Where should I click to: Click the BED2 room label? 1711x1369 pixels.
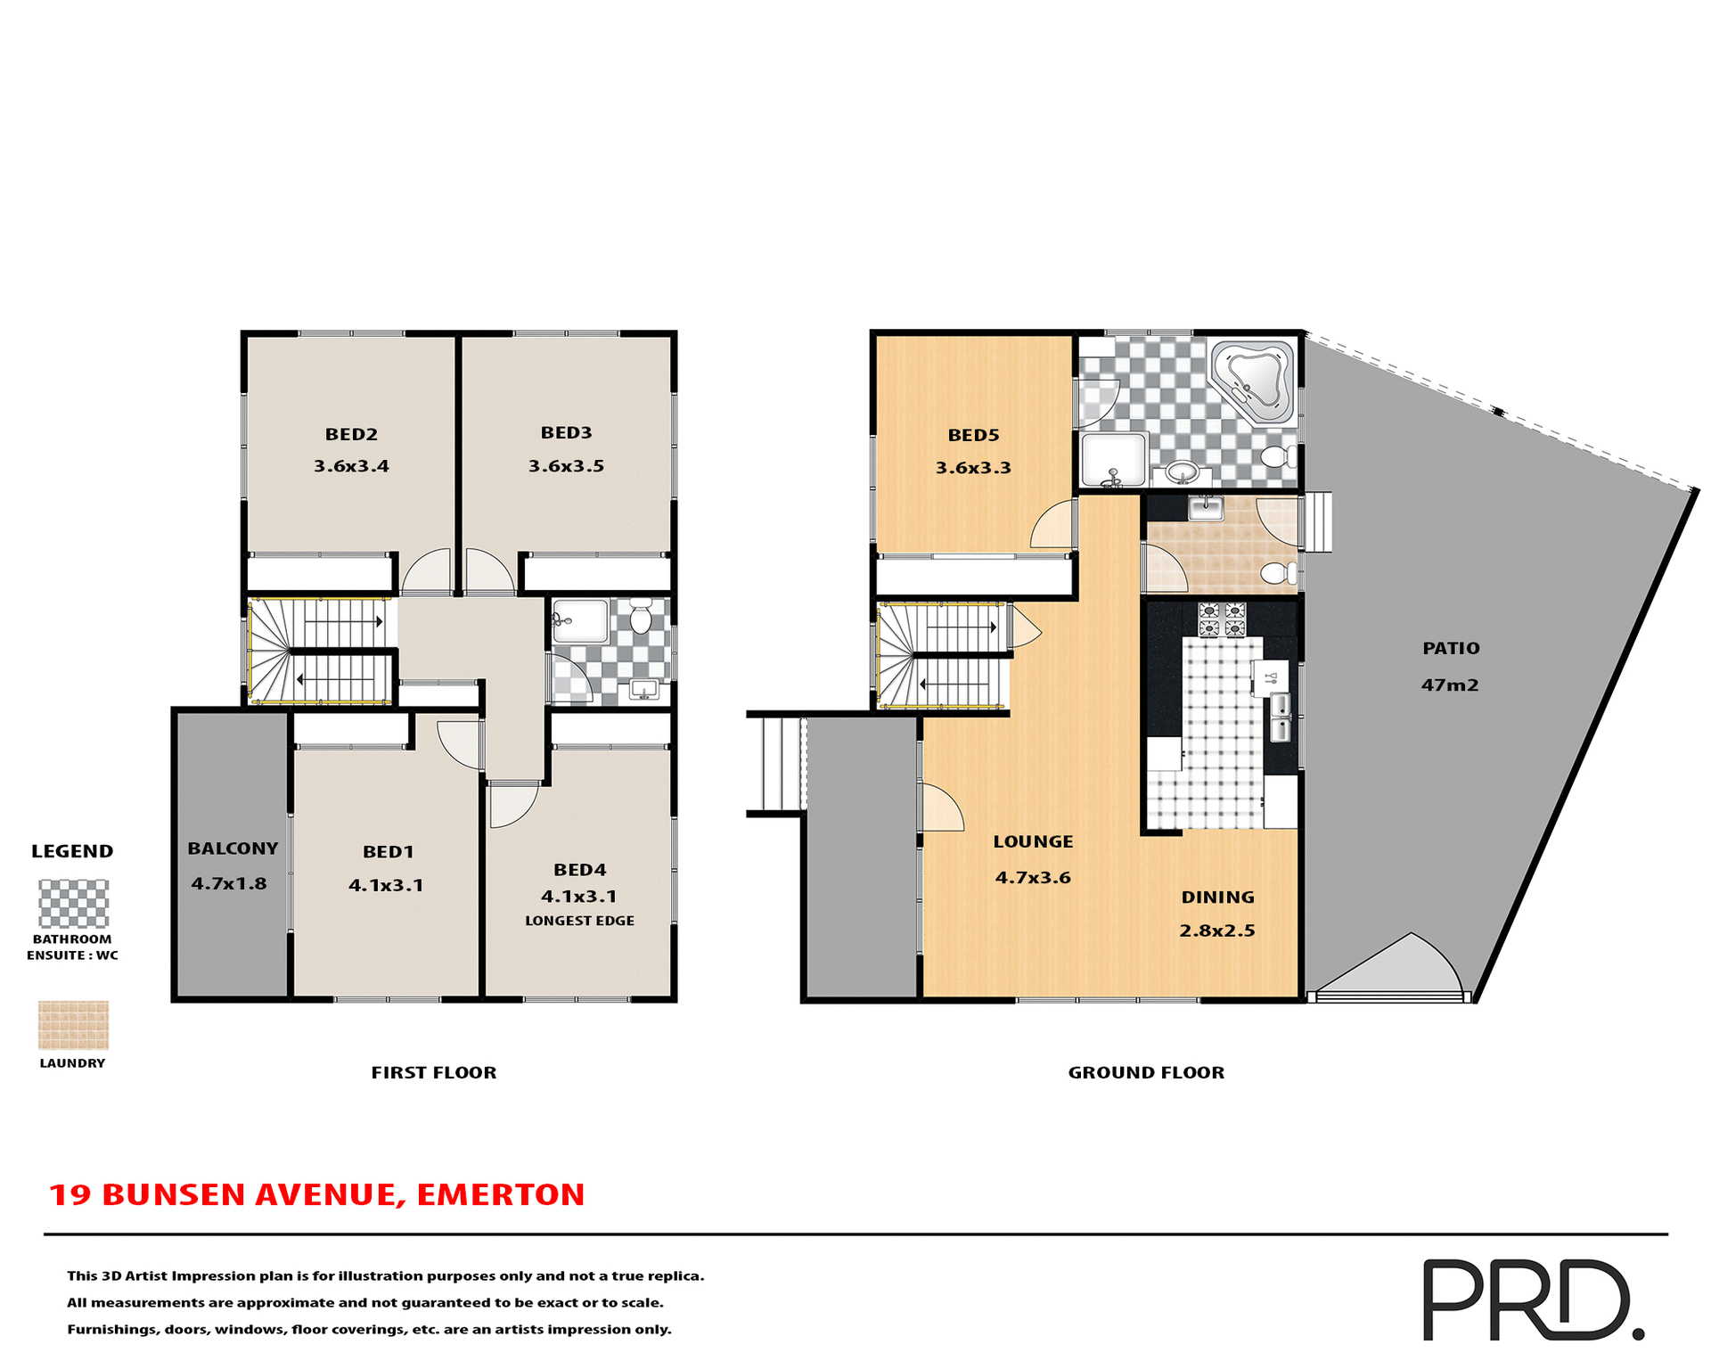click(351, 434)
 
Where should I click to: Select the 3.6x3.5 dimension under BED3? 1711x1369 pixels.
click(566, 465)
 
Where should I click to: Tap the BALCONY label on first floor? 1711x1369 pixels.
click(233, 848)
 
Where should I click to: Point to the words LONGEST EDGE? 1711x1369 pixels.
click(579, 921)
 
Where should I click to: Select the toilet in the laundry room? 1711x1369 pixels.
click(1281, 572)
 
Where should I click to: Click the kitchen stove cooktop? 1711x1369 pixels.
click(1222, 619)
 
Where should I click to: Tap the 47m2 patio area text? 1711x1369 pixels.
click(1449, 684)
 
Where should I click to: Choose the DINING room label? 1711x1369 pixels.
click(1217, 898)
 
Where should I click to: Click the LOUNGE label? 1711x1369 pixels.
click(1033, 841)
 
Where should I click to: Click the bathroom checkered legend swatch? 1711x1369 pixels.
click(73, 904)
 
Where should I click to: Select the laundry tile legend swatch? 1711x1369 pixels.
click(73, 1025)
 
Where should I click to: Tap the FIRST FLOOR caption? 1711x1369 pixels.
click(434, 1072)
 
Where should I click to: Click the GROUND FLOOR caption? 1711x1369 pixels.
click(1146, 1072)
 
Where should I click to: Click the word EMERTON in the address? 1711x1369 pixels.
click(500, 1194)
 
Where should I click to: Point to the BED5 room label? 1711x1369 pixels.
click(973, 435)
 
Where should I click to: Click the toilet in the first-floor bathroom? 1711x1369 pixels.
click(641, 617)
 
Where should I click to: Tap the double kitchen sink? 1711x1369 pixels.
click(1280, 718)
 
